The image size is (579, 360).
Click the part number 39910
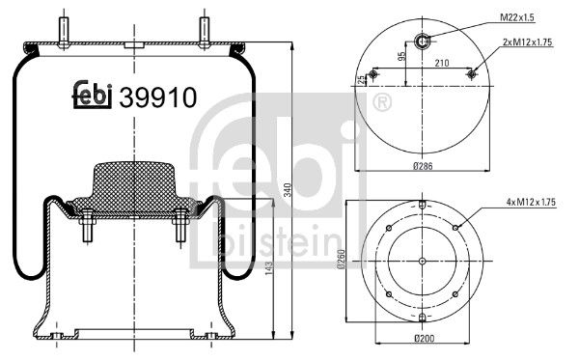(x=158, y=97)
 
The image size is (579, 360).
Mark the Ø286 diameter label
(x=424, y=166)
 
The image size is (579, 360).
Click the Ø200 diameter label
(x=424, y=338)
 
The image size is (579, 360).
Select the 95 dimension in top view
(x=401, y=56)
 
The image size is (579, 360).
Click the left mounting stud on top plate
(x=64, y=29)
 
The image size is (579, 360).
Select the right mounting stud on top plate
(x=205, y=29)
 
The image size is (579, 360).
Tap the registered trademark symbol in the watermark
(x=382, y=101)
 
